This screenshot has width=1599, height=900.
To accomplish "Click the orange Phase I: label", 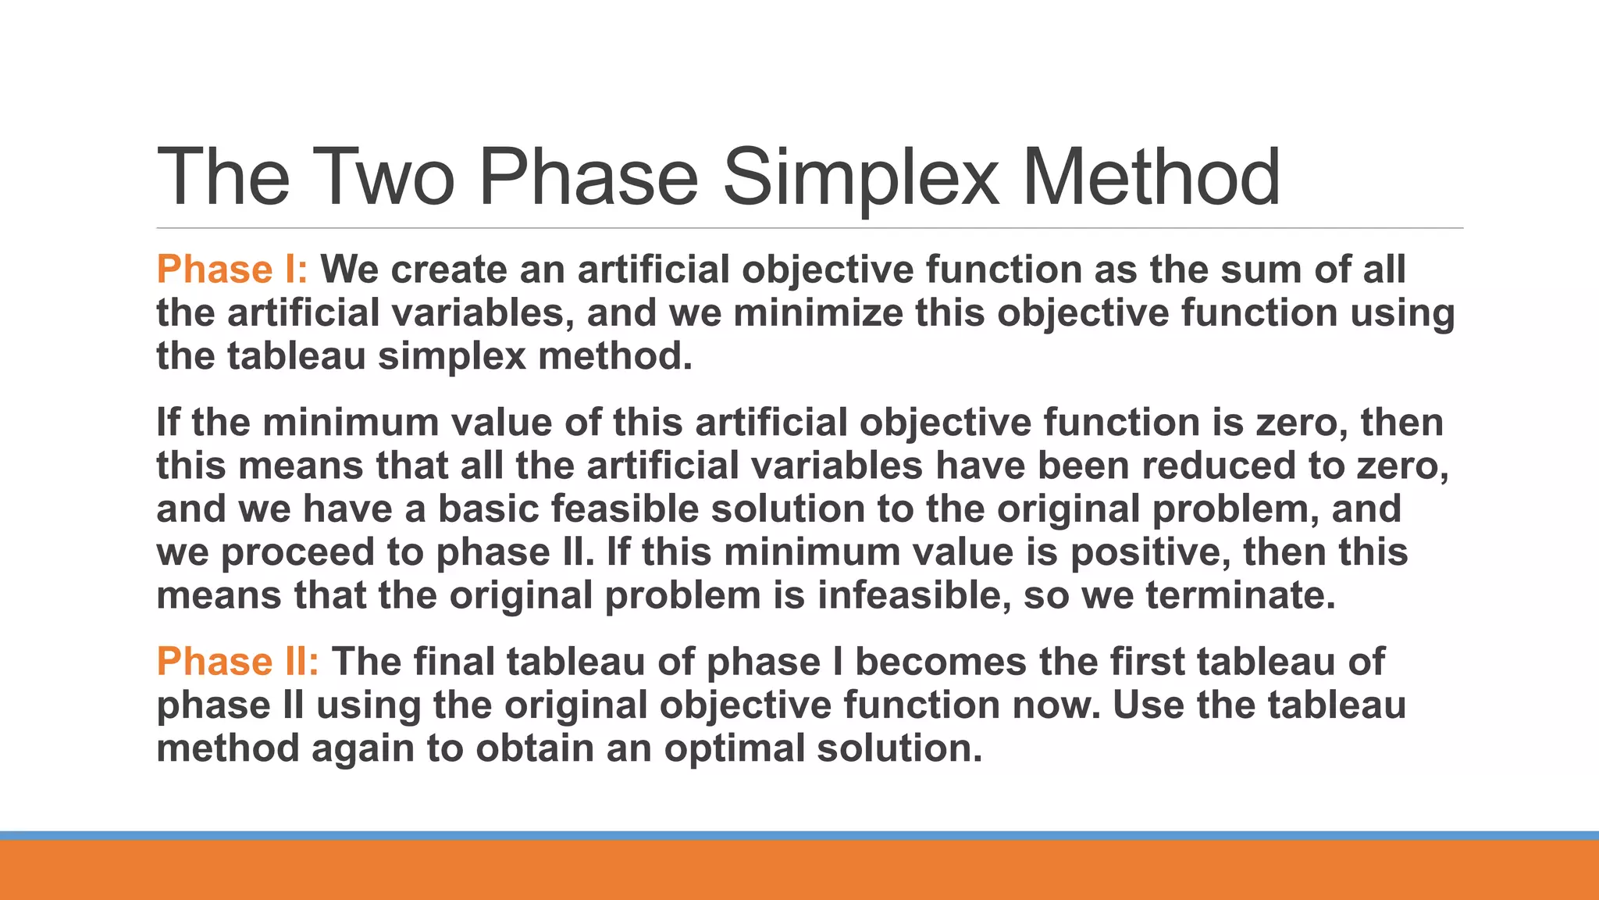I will point(232,270).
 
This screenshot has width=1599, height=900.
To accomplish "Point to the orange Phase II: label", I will point(237,662).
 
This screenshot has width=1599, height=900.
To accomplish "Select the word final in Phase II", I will point(454,662).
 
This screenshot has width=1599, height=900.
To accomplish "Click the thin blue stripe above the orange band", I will point(799,835).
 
